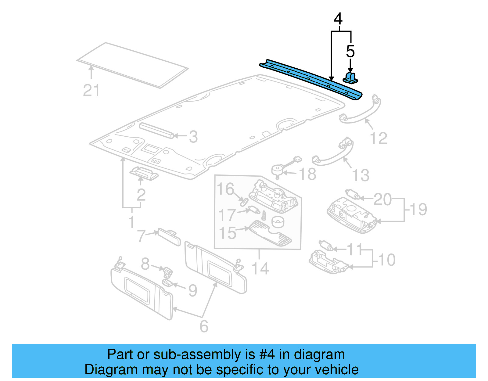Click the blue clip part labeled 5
350,77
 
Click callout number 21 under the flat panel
91,91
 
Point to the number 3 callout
193,137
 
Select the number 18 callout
307,174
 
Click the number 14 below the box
260,269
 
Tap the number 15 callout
228,233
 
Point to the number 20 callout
382,199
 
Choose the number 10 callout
387,260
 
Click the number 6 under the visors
204,326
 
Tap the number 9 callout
192,291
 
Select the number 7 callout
141,236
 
